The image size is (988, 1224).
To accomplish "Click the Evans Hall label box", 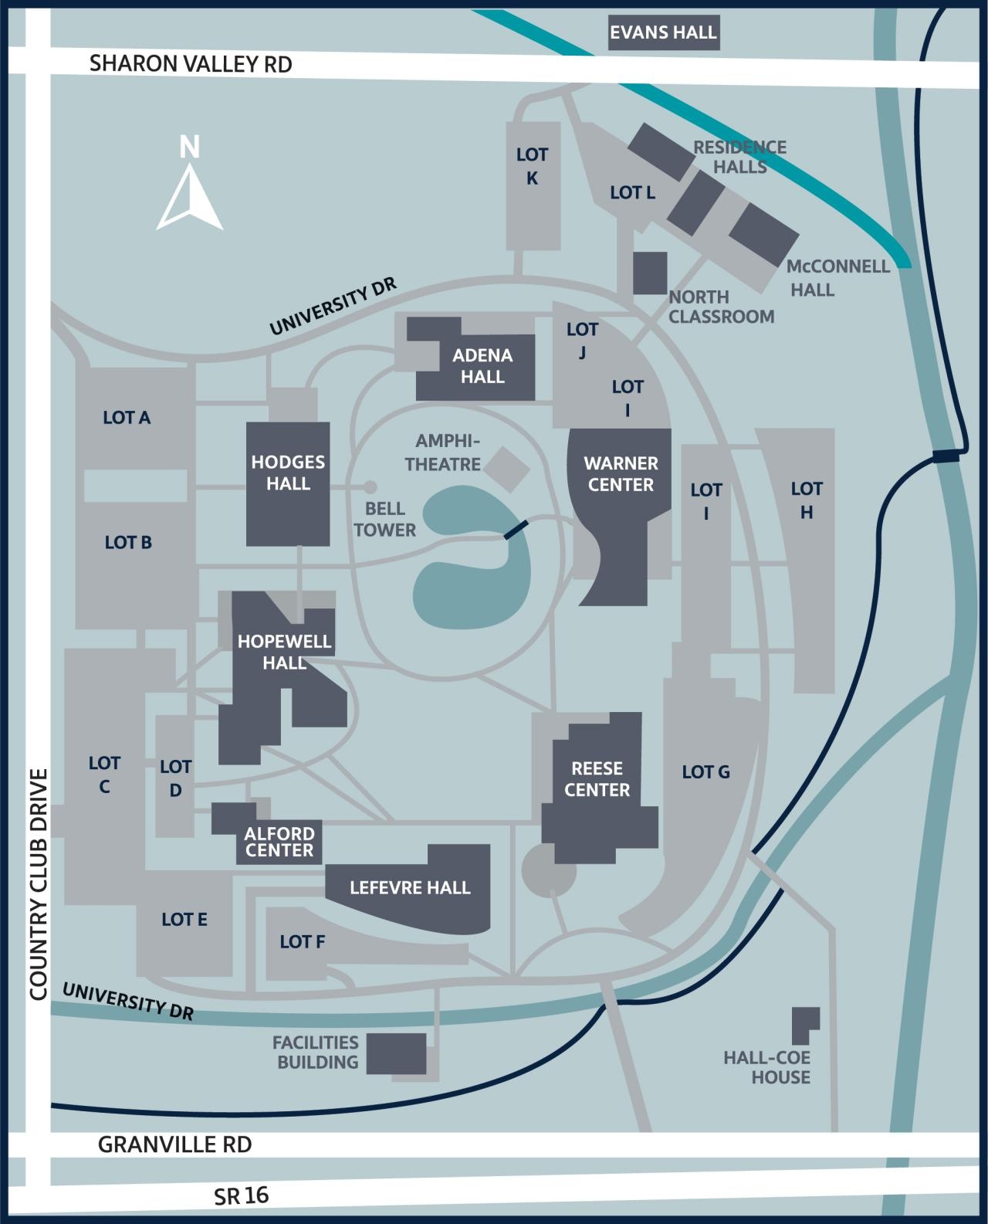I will tap(664, 33).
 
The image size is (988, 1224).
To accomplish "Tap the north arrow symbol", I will tap(190, 197).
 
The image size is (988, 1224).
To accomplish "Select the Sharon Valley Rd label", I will tap(191, 64).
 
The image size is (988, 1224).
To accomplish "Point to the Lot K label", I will tap(532, 166).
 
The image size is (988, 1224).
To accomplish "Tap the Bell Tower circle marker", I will tap(370, 487).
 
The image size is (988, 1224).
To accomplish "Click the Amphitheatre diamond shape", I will tap(507, 467).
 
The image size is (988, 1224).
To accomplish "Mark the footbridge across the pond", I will tap(516, 531).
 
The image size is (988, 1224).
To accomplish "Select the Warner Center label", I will tap(621, 474).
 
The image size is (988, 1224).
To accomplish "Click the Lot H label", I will tap(806, 500).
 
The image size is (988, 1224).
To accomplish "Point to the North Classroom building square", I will tap(650, 273).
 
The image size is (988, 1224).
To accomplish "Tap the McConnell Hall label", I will tap(837, 278).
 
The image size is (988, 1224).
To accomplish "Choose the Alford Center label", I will tap(279, 842).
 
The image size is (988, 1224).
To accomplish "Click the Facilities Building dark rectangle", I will tap(396, 1053).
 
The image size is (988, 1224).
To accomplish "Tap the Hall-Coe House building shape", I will tap(804, 1025).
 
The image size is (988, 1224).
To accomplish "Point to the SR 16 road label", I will tap(242, 1195).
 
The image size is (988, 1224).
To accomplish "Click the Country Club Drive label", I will tap(39, 884).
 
